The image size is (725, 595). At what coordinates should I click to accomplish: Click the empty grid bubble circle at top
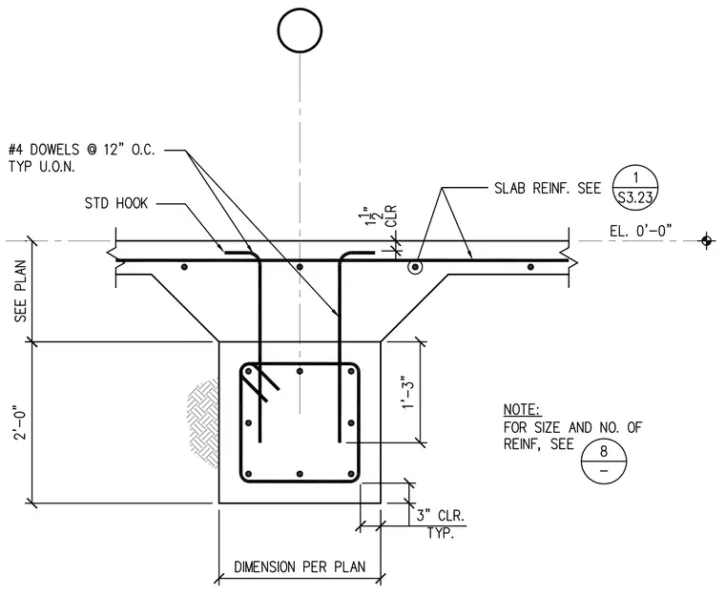click(300, 31)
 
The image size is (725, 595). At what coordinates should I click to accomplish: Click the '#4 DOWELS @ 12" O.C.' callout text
click(82, 150)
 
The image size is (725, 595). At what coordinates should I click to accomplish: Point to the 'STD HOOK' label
click(116, 203)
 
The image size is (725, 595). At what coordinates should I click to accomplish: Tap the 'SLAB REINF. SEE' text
click(548, 189)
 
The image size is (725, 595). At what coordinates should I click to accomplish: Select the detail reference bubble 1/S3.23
click(635, 188)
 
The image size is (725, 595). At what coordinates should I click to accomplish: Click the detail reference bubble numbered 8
click(604, 461)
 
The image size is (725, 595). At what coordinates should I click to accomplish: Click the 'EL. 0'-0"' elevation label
click(640, 230)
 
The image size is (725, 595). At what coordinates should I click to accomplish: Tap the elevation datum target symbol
click(706, 240)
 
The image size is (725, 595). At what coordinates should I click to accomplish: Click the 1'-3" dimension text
click(408, 392)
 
